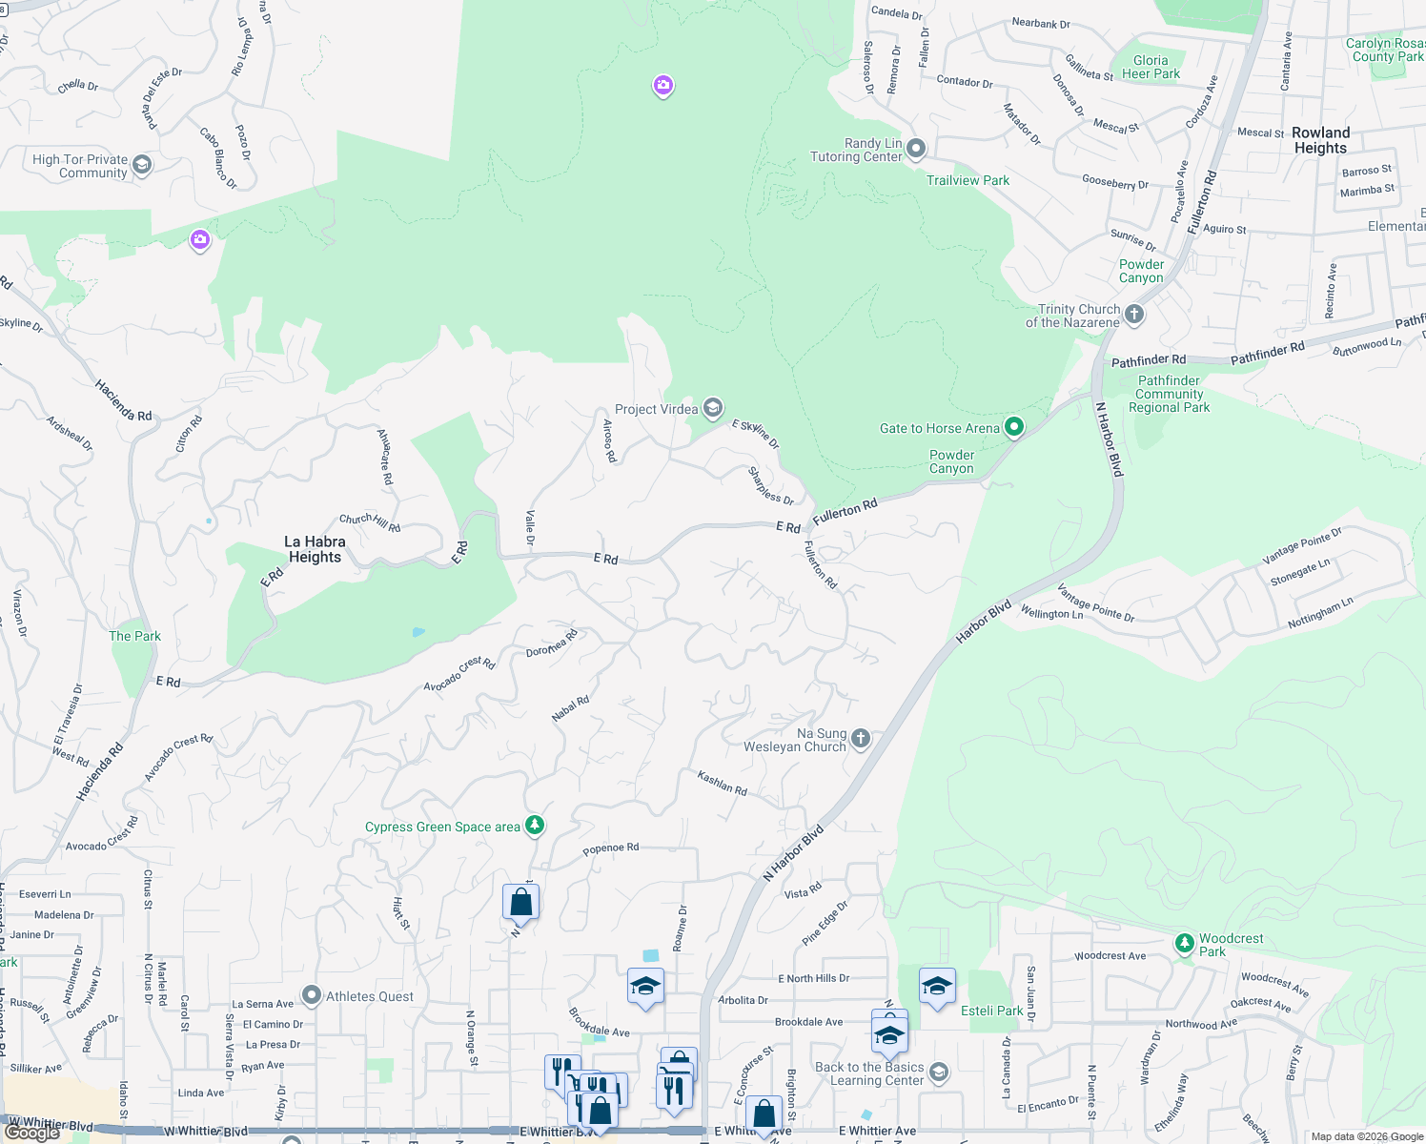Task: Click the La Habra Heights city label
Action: click(315, 549)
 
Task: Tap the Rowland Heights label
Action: click(1320, 140)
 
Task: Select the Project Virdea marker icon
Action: click(712, 409)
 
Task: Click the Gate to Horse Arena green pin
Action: click(1014, 427)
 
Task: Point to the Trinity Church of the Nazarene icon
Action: click(1133, 314)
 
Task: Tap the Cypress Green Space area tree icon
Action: click(535, 826)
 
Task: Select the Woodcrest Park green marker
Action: click(1184, 944)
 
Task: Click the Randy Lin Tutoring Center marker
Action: click(916, 149)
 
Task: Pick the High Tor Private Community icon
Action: click(142, 165)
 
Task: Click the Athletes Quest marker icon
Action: click(312, 996)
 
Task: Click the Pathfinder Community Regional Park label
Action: click(1169, 394)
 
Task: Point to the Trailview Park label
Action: click(968, 180)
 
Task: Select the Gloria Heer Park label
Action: click(1151, 67)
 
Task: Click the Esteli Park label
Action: click(991, 1011)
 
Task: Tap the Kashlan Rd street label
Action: click(722, 783)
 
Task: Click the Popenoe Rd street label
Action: click(610, 848)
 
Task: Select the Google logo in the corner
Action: click(32, 1133)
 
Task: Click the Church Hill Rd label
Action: click(370, 522)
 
